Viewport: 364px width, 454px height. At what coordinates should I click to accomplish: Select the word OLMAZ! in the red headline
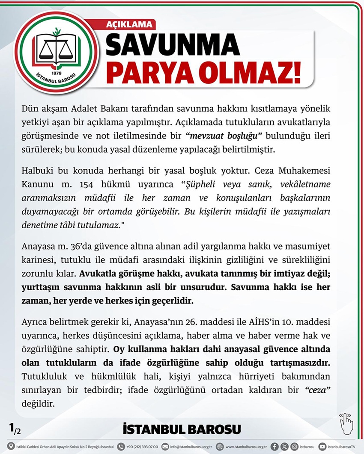(x=250, y=71)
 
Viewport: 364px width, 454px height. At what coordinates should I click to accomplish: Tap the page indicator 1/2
(x=15, y=427)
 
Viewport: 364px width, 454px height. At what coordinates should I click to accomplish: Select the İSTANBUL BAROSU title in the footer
(x=182, y=429)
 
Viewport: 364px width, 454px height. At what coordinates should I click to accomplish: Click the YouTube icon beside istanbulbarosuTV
(x=322, y=447)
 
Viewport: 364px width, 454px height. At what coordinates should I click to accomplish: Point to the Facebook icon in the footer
(x=274, y=447)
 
